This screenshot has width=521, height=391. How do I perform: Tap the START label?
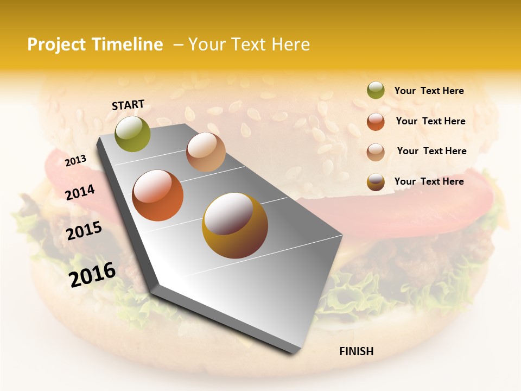pyautogui.click(x=128, y=105)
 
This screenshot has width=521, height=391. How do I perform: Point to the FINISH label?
pyautogui.click(x=356, y=351)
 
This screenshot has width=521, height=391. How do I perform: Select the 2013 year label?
pyautogui.click(x=76, y=161)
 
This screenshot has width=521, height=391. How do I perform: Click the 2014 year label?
pyautogui.click(x=80, y=192)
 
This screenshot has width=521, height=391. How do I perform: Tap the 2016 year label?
pyautogui.click(x=92, y=274)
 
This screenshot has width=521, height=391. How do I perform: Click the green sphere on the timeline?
pyautogui.click(x=132, y=134)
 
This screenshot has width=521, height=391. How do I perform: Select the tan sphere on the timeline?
pyautogui.click(x=206, y=152)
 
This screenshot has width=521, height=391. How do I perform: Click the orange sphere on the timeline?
pyautogui.click(x=158, y=195)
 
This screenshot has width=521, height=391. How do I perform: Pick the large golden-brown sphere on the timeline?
pyautogui.click(x=235, y=225)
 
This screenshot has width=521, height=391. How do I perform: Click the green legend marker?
pyautogui.click(x=376, y=91)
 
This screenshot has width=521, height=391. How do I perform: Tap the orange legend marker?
pyautogui.click(x=376, y=122)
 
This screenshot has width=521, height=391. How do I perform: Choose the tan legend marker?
pyautogui.click(x=376, y=152)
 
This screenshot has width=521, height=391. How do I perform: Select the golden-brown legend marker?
pyautogui.click(x=376, y=182)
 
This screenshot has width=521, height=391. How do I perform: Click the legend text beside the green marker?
pyautogui.click(x=429, y=91)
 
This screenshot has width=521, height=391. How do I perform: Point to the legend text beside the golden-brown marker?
pyautogui.click(x=429, y=181)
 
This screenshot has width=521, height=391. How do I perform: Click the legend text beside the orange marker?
pyautogui.click(x=430, y=121)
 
